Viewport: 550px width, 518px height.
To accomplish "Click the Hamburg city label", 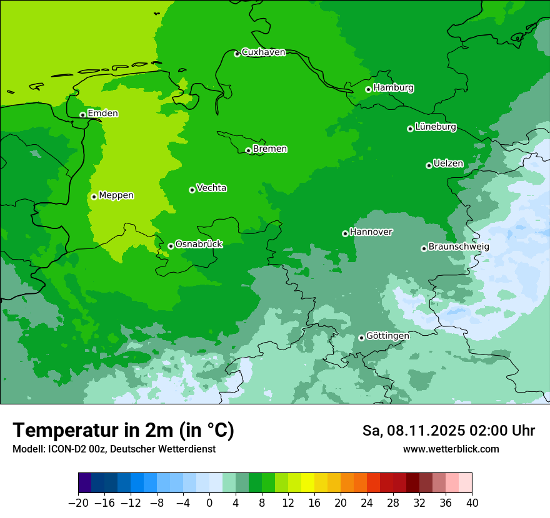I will pyautogui.click(x=393, y=88).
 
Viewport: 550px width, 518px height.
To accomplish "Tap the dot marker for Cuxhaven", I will pyautogui.click(x=237, y=54).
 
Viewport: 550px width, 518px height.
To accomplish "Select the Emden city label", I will pyautogui.click(x=102, y=114).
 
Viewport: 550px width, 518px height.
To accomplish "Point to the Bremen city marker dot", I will pyautogui.click(x=248, y=150).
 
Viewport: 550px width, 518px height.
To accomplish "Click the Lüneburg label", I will pyautogui.click(x=435, y=127).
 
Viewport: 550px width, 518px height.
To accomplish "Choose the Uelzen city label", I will pyautogui.click(x=448, y=164).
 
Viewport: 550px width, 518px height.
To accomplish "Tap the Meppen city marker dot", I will pyautogui.click(x=94, y=197).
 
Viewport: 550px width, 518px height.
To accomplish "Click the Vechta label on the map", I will pyautogui.click(x=211, y=188).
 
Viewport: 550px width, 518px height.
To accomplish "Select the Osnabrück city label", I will pyautogui.click(x=199, y=245).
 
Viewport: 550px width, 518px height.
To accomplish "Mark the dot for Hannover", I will pyautogui.click(x=345, y=233).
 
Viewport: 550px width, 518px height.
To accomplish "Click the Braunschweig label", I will pyautogui.click(x=458, y=247).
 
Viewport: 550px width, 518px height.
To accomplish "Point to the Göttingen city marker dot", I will pyautogui.click(x=361, y=338).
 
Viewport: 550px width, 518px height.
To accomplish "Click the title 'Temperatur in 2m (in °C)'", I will pyautogui.click(x=123, y=431).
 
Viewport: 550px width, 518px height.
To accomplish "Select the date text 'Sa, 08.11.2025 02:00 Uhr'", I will pyautogui.click(x=448, y=431).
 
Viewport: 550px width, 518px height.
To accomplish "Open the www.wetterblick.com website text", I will pyautogui.click(x=451, y=449).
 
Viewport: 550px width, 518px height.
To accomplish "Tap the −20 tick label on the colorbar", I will pyautogui.click(x=78, y=503).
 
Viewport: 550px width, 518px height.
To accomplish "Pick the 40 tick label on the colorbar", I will pyautogui.click(x=472, y=503).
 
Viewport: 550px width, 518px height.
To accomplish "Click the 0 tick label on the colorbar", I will pyautogui.click(x=209, y=503).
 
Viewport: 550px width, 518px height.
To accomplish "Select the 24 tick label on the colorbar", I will pyautogui.click(x=367, y=503).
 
